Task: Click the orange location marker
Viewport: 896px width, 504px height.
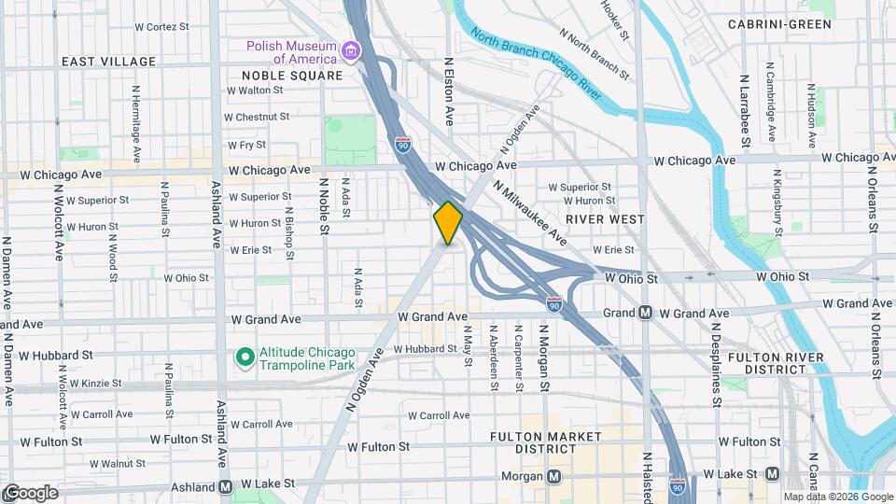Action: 448,223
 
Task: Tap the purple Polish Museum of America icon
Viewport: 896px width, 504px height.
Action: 351,50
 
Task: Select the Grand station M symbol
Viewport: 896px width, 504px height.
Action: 645,313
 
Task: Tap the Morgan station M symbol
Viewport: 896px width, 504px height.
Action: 554,477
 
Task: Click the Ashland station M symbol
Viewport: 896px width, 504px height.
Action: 225,486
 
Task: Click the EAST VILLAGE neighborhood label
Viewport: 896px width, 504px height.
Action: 109,62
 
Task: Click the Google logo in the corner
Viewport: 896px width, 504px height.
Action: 30,492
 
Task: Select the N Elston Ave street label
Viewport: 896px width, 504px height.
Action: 449,91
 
